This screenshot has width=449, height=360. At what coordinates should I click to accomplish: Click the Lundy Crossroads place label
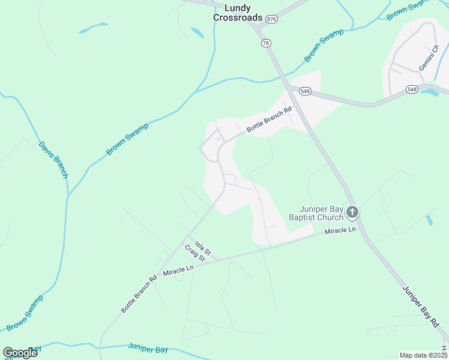pyautogui.click(x=238, y=13)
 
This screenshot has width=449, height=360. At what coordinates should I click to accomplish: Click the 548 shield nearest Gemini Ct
pyautogui.click(x=411, y=89)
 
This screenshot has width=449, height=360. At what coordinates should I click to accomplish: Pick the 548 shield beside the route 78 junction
pyautogui.click(x=306, y=91)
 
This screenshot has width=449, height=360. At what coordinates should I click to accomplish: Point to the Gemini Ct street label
pyautogui.click(x=429, y=58)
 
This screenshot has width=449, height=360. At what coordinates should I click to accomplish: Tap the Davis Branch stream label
pyautogui.click(x=53, y=160)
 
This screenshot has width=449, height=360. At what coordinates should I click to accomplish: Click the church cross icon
pyautogui.click(x=352, y=212)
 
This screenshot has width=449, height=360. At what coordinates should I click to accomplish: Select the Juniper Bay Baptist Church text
pyautogui.click(x=316, y=213)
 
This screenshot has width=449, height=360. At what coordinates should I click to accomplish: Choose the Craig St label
pyautogui.click(x=195, y=253)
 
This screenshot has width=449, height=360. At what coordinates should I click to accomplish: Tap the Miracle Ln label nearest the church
pyautogui.click(x=340, y=230)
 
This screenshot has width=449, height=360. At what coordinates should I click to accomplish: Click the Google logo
pyautogui.click(x=20, y=352)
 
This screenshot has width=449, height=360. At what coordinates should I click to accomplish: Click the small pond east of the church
pyautogui.click(x=429, y=220)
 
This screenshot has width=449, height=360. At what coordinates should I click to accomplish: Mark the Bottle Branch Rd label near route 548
pyautogui.click(x=269, y=119)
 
